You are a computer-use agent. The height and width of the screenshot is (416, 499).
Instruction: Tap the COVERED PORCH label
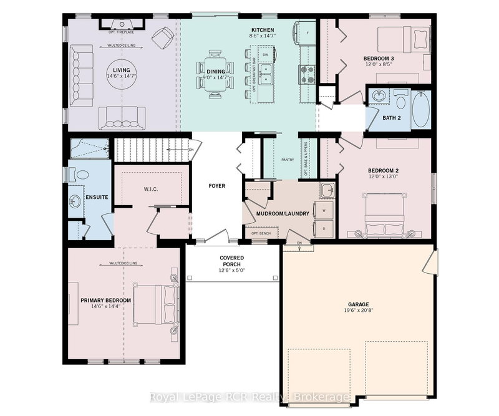coord(231,261)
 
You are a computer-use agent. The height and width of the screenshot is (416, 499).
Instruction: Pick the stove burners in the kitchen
coord(308,74)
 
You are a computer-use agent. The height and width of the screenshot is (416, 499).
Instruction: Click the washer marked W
coord(325,211)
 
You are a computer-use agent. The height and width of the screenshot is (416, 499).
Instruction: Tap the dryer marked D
coord(325,228)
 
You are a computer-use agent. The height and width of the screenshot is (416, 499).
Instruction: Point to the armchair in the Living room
coord(163,39)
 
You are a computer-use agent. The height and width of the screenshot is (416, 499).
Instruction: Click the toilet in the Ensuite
coord(74,175)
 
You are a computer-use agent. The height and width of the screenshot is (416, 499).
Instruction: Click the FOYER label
coord(216,185)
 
